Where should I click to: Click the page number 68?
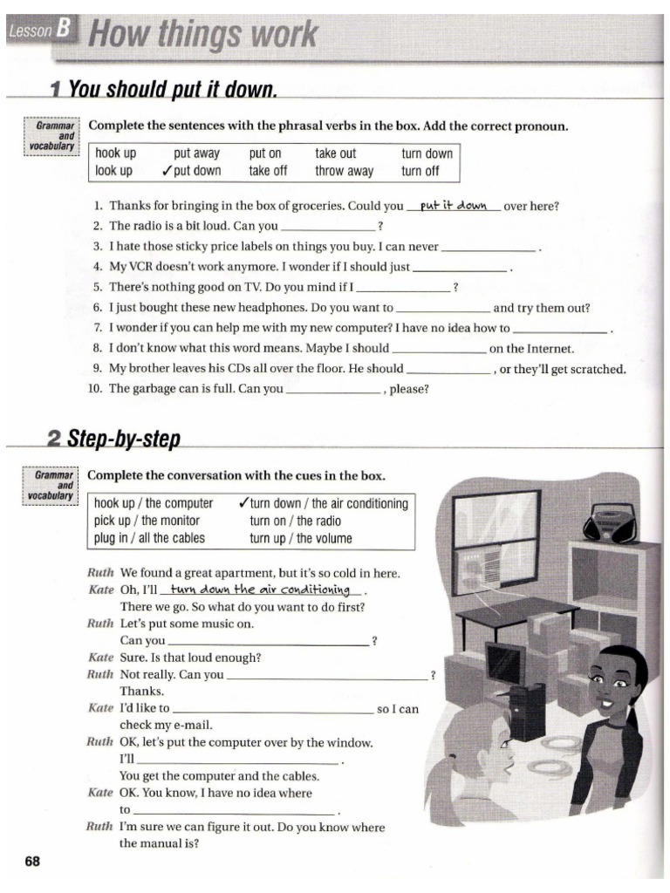coord(32,862)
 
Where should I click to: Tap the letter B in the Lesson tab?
coord(63,31)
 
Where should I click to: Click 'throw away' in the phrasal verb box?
coord(344,171)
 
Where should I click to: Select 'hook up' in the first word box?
coord(116,153)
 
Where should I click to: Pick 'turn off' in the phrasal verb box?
coord(420,171)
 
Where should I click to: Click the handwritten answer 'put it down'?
coord(453,207)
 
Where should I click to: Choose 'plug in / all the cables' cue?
coord(149,538)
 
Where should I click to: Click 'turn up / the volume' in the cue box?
coord(301,538)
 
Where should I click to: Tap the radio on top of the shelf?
coord(614,523)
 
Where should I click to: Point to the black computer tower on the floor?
coord(527,710)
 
